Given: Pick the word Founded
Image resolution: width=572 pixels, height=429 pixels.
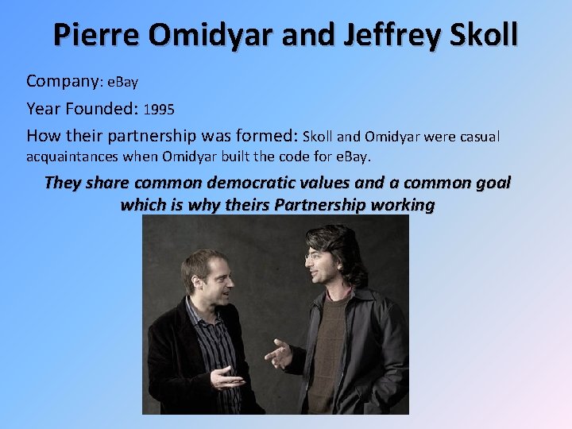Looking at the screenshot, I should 97,108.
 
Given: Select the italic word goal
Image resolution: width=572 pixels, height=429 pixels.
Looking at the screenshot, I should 493,183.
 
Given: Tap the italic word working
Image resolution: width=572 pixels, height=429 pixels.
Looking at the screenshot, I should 406,205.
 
